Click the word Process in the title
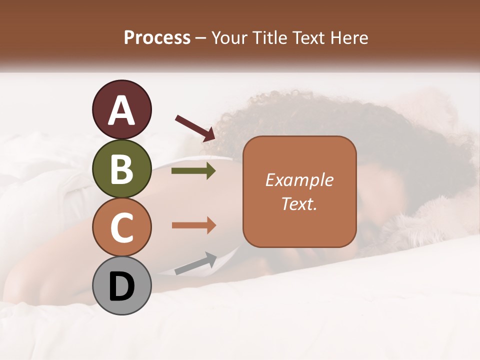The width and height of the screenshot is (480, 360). tap(157, 38)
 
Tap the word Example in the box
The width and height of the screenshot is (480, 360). tap(299, 180)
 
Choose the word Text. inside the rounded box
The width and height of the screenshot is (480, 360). tap(299, 203)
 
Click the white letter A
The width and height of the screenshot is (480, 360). tap(121, 110)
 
